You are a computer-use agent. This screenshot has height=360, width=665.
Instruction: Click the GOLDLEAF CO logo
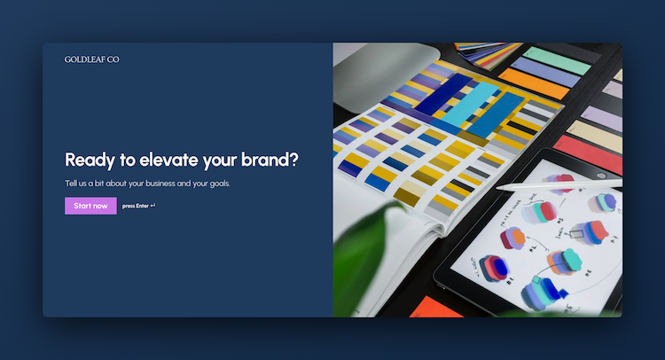91,59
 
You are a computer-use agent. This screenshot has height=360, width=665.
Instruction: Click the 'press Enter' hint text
135,206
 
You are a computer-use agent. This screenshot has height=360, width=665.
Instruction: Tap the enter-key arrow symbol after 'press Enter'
153,206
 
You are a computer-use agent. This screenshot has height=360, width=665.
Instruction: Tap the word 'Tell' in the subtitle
72,184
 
